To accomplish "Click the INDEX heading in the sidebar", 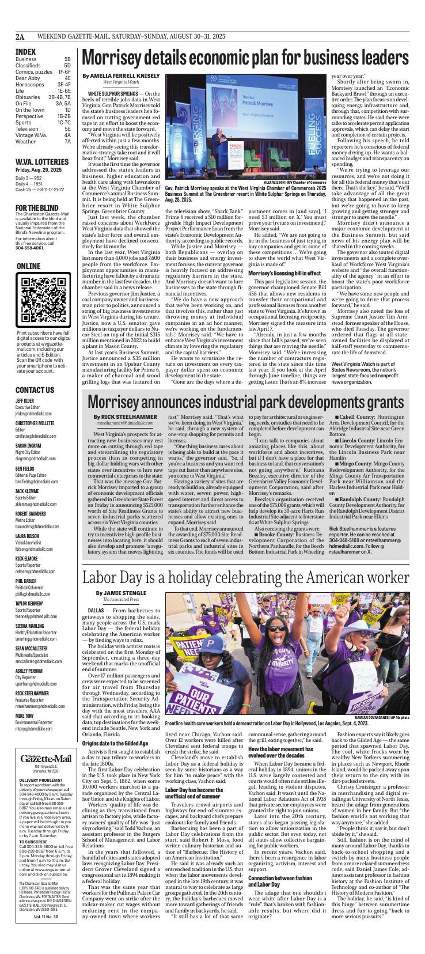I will click(26, 51).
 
